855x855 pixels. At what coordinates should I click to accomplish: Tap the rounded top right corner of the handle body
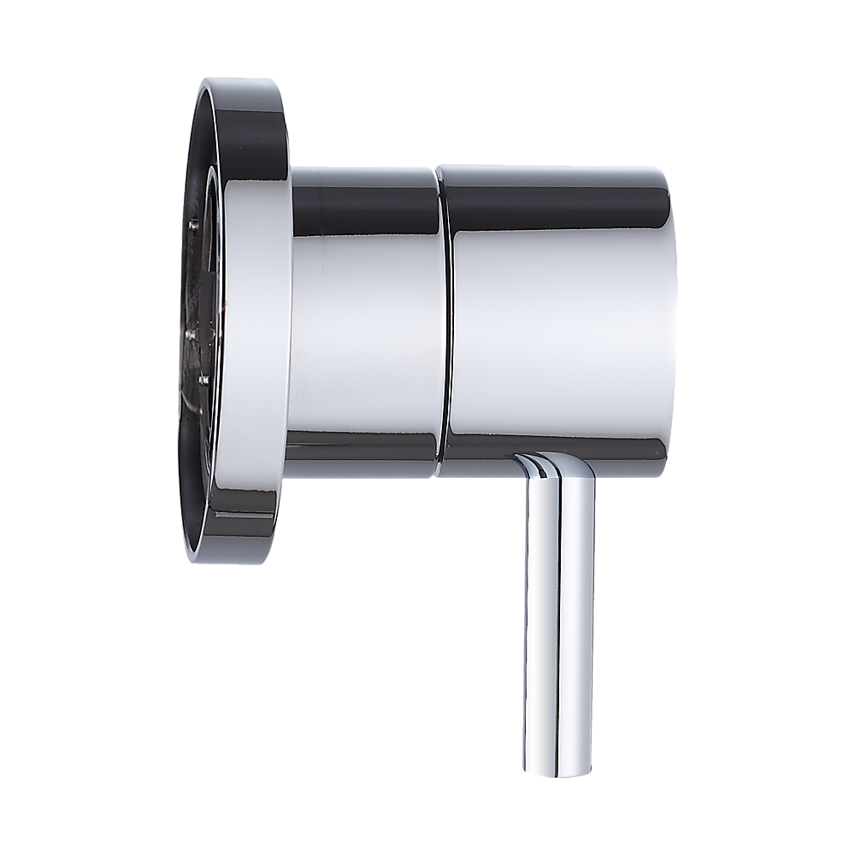point(663,175)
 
